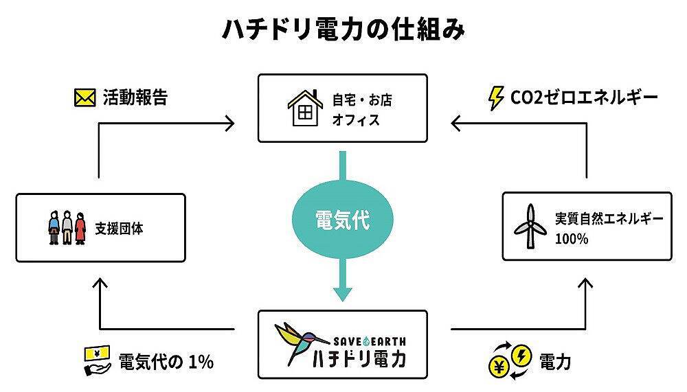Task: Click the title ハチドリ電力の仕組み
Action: pos(343,30)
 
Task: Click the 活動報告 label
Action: pos(135,97)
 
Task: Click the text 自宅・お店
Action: pos(362,100)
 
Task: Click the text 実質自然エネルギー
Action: pos(609,220)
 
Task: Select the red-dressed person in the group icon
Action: pos(80,227)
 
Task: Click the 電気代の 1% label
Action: pos(166,361)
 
